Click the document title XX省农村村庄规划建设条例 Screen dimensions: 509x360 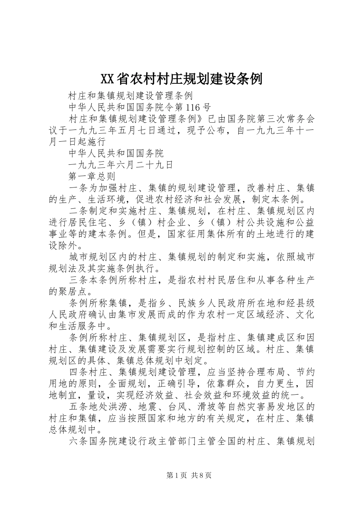[x=181, y=79]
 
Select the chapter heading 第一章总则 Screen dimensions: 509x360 [x=89, y=176]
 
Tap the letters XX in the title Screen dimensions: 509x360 [x=107, y=79]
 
